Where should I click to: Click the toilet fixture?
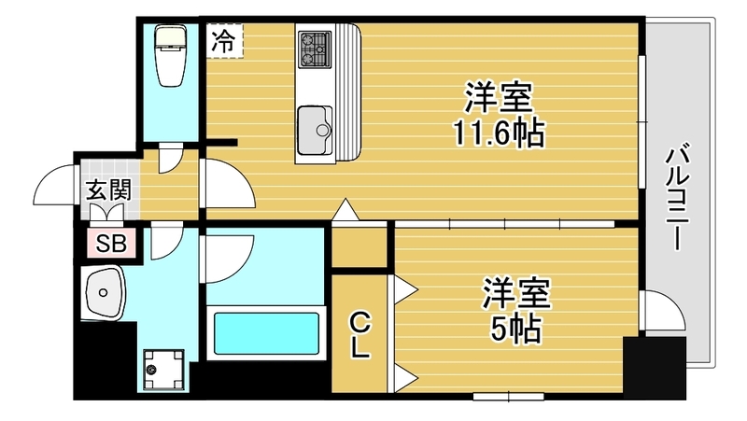point(171,55)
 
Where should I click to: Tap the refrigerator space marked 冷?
point(224,41)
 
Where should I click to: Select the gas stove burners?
point(314,49)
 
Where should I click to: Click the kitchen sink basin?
point(315,130)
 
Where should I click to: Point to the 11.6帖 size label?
point(499,133)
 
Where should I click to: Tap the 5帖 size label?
point(516,330)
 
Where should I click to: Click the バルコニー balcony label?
point(678,197)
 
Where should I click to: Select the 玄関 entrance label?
point(108,191)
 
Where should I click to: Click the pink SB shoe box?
point(112,244)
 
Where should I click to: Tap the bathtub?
point(266,333)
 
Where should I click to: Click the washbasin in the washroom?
point(106,292)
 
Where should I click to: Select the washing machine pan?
point(164,370)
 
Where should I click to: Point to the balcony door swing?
point(663,310)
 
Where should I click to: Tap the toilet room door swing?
point(171,159)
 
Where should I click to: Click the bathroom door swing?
point(228,258)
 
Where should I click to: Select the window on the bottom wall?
point(509,396)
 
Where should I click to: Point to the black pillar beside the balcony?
point(655,368)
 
